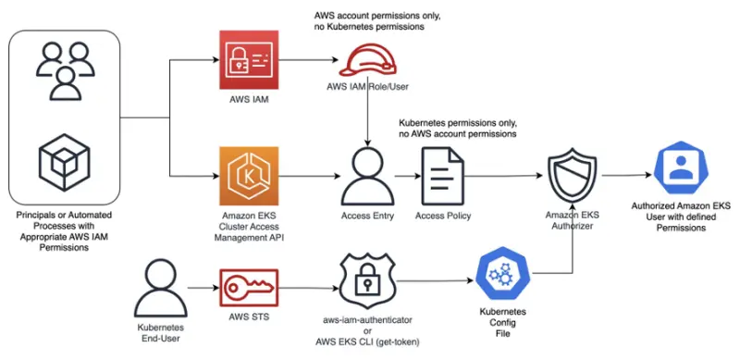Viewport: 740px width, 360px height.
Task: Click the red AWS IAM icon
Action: (249, 61)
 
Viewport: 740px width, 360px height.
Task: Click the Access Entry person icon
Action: (368, 175)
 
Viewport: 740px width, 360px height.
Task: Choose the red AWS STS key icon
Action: (249, 288)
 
